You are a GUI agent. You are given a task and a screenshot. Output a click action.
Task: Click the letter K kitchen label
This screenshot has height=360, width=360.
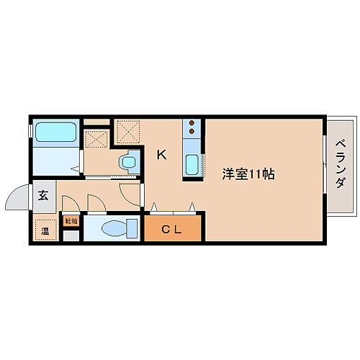[x=162, y=153]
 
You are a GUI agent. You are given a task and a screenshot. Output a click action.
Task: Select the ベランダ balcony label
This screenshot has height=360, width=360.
[x=339, y=163]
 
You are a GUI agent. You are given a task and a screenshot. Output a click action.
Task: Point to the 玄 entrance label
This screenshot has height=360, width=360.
[x=43, y=194]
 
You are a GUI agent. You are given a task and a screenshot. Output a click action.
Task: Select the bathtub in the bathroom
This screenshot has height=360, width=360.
[x=57, y=132]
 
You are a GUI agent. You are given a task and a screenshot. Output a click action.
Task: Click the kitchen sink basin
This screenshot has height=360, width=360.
[x=193, y=165]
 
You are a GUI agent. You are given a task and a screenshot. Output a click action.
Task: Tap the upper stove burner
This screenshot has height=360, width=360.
[x=193, y=123]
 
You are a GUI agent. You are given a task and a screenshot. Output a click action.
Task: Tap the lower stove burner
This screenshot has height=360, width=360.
[x=193, y=132]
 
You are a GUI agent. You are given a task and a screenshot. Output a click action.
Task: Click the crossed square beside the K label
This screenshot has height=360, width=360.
[x=129, y=131]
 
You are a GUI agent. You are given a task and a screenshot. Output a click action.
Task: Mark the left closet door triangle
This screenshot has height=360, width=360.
[x=154, y=208]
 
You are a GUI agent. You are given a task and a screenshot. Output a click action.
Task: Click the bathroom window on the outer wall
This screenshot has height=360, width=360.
[x=30, y=132]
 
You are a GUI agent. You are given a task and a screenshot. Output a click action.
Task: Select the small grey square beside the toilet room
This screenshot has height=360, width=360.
[x=69, y=235]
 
